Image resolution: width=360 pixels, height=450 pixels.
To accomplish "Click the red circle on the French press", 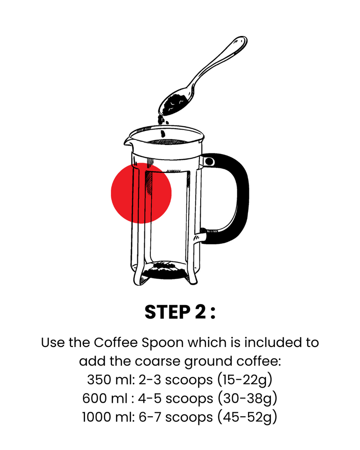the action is (141, 193).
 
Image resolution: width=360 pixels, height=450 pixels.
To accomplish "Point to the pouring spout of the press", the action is (128, 141).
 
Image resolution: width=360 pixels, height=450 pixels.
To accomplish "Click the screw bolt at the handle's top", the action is (209, 162).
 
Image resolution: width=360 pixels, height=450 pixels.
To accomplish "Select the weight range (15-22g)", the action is (245, 380).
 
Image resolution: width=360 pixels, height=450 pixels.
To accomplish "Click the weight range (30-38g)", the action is (247, 399).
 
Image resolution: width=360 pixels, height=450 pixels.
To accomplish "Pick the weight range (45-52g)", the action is (247, 417).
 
